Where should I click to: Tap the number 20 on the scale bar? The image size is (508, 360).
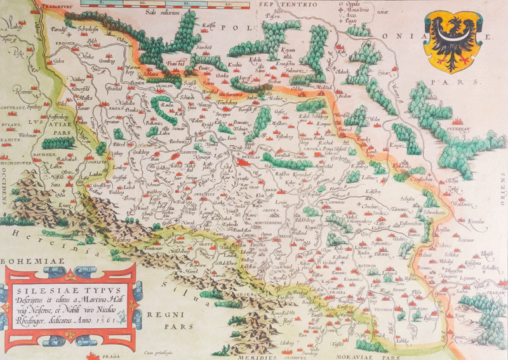[226, 5]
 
